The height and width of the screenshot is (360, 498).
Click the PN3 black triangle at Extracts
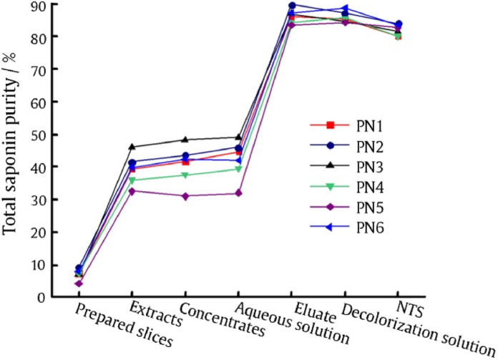click(132, 147)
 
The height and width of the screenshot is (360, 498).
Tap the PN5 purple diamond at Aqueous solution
click(238, 193)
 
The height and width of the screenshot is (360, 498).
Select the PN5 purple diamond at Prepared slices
click(79, 283)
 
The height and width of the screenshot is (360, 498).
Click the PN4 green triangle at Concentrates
click(185, 175)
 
